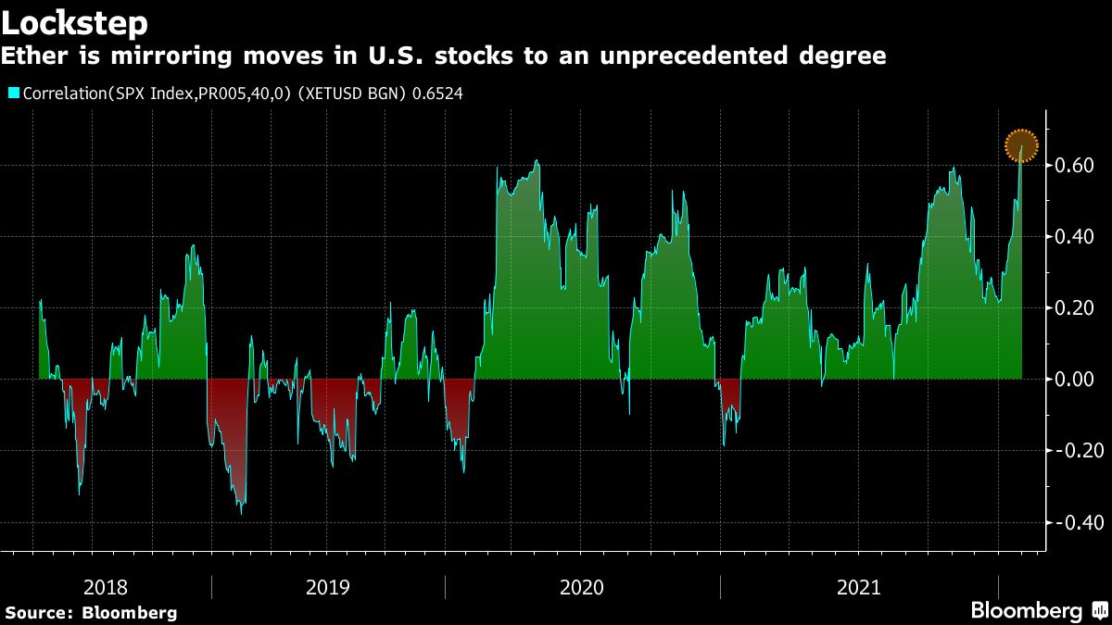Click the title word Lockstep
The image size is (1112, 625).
(74, 20)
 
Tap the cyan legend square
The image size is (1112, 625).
(13, 93)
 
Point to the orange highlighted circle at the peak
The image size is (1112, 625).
(1022, 145)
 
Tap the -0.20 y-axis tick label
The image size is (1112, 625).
(1074, 451)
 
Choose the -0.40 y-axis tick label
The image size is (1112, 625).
(1074, 522)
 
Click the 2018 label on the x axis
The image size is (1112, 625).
(106, 587)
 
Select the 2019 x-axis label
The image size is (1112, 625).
(328, 587)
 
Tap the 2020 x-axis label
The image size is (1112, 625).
(582, 587)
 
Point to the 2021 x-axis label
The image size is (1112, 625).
(859, 587)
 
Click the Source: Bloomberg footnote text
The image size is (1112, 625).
(91, 612)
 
